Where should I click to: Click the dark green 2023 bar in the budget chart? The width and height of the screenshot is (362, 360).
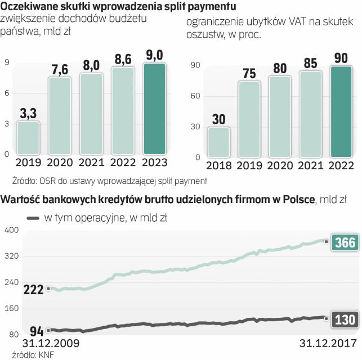pos(154,109)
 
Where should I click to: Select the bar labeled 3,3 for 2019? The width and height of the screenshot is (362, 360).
pos(28,138)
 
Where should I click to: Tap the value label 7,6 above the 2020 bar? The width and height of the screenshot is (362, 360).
pos(60,70)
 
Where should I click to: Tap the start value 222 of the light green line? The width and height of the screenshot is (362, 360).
pos(33,289)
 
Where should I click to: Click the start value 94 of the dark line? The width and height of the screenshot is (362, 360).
pos(37,331)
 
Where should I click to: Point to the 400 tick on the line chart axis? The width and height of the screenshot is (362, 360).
pos(12,230)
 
